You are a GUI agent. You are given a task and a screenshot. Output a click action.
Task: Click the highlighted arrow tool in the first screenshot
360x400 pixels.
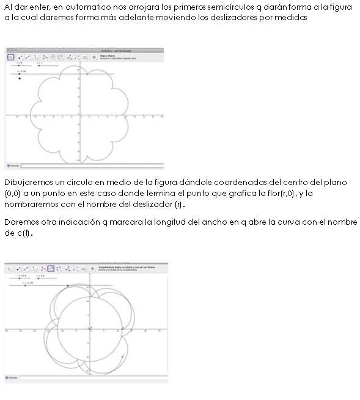coord(10,56)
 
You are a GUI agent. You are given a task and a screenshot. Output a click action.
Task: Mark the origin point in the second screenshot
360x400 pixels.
coord(89,329)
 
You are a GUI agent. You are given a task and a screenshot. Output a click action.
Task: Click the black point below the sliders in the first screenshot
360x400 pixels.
coord(20,78)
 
